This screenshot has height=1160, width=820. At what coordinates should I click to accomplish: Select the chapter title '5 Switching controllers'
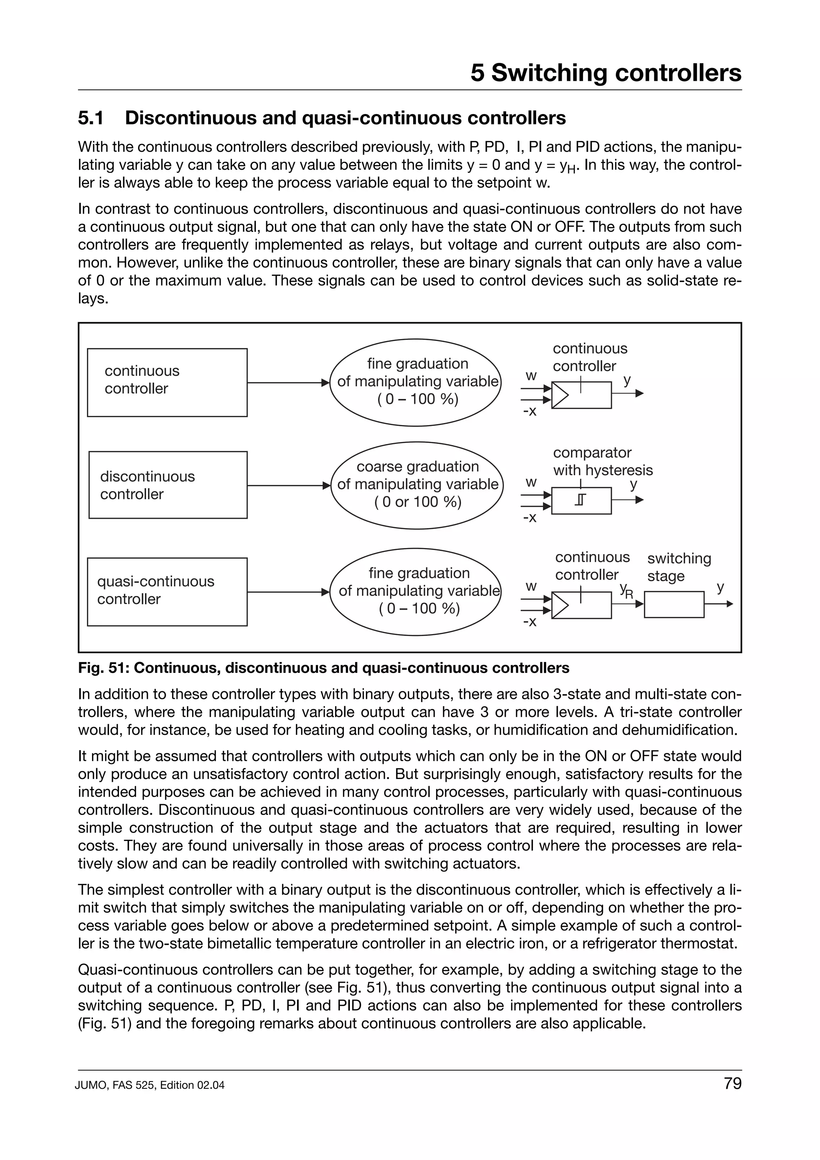click(606, 73)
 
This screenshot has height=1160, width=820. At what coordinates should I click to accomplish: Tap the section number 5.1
click(91, 118)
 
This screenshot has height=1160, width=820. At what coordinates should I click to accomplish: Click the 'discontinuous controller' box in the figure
click(168, 485)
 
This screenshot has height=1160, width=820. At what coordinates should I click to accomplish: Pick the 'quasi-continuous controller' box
click(167, 592)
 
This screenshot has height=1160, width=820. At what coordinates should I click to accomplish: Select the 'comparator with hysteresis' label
click(602, 461)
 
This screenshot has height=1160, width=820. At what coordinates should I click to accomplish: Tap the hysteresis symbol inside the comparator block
click(581, 500)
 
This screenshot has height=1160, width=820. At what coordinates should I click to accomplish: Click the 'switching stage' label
click(679, 567)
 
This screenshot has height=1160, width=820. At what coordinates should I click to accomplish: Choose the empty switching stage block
click(674, 604)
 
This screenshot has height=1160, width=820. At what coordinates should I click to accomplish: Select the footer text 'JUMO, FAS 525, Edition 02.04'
click(150, 1085)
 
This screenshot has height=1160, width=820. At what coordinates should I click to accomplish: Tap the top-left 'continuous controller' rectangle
click(167, 382)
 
